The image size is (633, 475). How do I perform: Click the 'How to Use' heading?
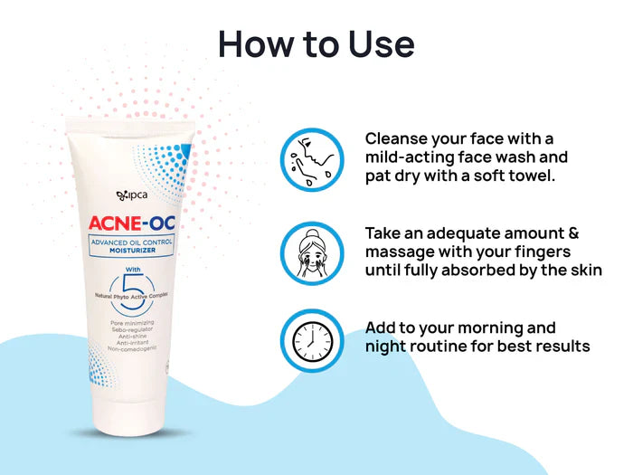(316, 43)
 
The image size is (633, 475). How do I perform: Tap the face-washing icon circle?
(312, 159)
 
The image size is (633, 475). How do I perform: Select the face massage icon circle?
(312, 251)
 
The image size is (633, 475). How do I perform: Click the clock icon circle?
(312, 341)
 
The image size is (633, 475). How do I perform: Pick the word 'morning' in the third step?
(507, 327)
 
